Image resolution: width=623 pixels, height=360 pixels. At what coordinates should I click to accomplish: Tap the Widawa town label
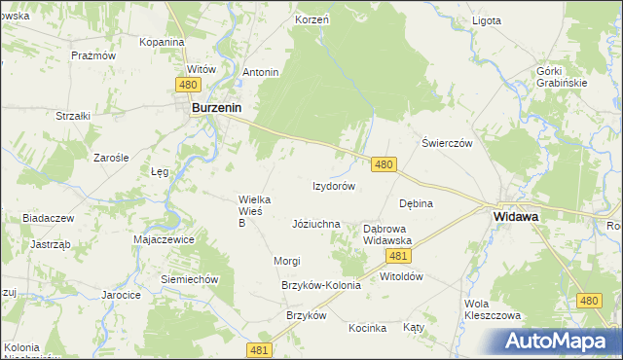point(517,217)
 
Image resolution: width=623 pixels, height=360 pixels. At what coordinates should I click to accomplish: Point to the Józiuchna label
point(316,224)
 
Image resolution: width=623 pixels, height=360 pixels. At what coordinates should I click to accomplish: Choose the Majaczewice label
point(165,239)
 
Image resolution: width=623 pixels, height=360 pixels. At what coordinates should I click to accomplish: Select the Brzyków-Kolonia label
point(320,285)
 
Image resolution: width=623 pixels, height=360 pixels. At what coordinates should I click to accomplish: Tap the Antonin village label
point(261,72)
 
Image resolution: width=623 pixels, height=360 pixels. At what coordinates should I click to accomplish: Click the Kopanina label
point(162,43)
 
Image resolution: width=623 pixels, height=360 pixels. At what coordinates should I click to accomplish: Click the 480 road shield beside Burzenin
point(189,86)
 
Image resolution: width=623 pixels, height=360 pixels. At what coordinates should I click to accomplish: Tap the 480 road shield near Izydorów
point(384,165)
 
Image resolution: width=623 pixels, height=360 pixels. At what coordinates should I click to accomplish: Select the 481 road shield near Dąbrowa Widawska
point(396,256)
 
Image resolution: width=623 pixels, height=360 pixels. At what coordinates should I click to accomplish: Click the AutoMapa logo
point(562,341)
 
